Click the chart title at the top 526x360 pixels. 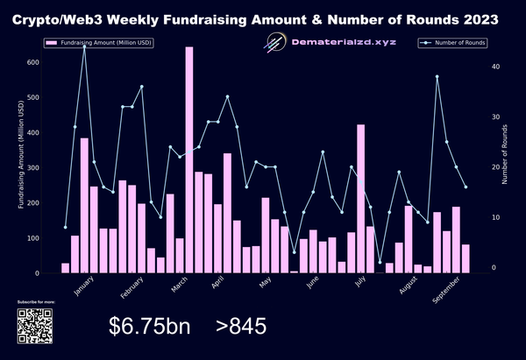click(x=262, y=18)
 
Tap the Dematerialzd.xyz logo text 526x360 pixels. click(x=342, y=42)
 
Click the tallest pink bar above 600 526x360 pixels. click(x=189, y=158)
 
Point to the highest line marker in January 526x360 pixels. click(x=84, y=46)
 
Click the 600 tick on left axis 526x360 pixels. click(x=34, y=62)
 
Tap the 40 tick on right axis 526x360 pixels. click(x=494, y=67)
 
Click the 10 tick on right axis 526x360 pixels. click(x=494, y=217)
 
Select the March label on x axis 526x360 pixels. click(x=181, y=286)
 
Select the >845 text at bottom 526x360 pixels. click(x=240, y=327)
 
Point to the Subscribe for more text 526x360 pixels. click(x=36, y=301)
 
